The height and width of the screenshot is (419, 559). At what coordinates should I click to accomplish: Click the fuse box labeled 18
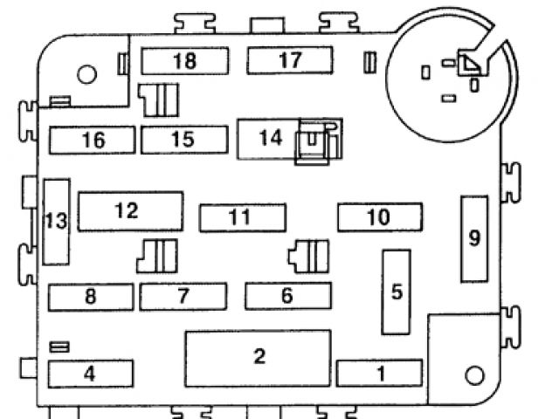tap(184, 60)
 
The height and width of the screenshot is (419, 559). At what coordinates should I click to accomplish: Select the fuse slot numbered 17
tap(290, 60)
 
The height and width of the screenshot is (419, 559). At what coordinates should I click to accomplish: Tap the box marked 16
tap(93, 140)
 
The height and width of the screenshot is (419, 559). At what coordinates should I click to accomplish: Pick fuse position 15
tap(182, 140)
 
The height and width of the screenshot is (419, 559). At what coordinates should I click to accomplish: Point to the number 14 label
tap(271, 137)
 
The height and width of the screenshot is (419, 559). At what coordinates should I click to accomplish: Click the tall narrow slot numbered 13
tap(56, 222)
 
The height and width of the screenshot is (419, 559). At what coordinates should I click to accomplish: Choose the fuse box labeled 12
tap(130, 211)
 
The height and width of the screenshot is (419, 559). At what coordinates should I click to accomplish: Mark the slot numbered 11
tap(239, 217)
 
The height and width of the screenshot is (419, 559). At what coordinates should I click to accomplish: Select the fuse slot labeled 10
tap(379, 216)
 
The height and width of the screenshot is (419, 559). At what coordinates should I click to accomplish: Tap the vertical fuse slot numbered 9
tap(474, 238)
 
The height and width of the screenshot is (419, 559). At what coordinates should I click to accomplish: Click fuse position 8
tap(91, 297)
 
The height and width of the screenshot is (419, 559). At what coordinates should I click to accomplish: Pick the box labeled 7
tap(183, 297)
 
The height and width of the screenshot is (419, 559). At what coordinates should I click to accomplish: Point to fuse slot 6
tap(287, 296)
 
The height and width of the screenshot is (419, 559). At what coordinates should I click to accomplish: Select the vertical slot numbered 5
tap(397, 292)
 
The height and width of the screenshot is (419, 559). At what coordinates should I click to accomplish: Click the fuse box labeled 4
tap(89, 374)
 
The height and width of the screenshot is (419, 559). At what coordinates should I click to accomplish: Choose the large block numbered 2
tap(258, 357)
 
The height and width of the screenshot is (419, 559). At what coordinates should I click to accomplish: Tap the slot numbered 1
tap(380, 374)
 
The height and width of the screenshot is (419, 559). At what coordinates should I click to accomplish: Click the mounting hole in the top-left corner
tap(86, 75)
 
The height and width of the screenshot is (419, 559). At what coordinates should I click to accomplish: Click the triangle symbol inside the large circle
tap(470, 64)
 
